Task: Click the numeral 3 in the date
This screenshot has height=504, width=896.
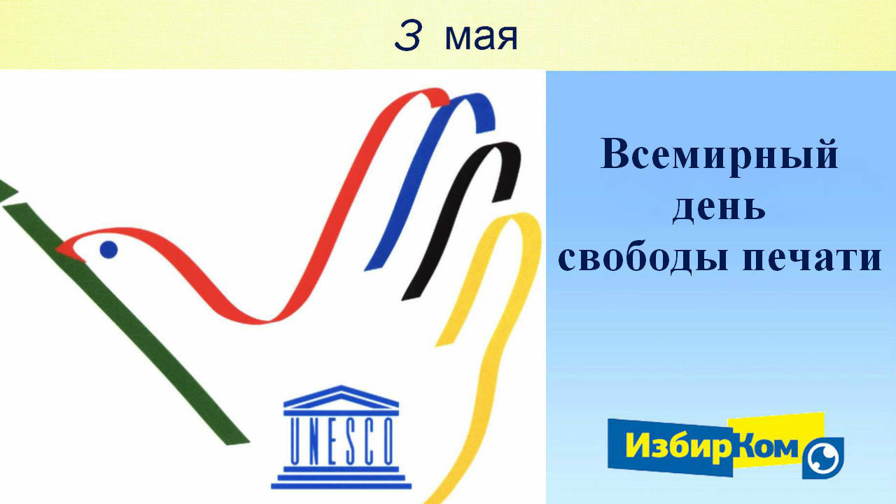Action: coord(407,36)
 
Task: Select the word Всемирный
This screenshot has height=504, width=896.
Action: coord(719,155)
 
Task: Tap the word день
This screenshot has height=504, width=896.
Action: coord(718,209)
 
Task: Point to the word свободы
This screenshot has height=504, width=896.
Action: coord(643,258)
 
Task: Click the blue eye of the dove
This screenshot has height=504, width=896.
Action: coord(108,250)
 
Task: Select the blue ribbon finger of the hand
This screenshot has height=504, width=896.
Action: coord(430,180)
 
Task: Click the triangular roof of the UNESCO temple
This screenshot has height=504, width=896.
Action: coord(341,397)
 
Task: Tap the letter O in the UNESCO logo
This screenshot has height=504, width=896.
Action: coord(387,441)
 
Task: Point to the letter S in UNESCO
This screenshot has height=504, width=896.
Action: coord(351,441)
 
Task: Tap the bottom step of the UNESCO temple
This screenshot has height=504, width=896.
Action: coord(341,486)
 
